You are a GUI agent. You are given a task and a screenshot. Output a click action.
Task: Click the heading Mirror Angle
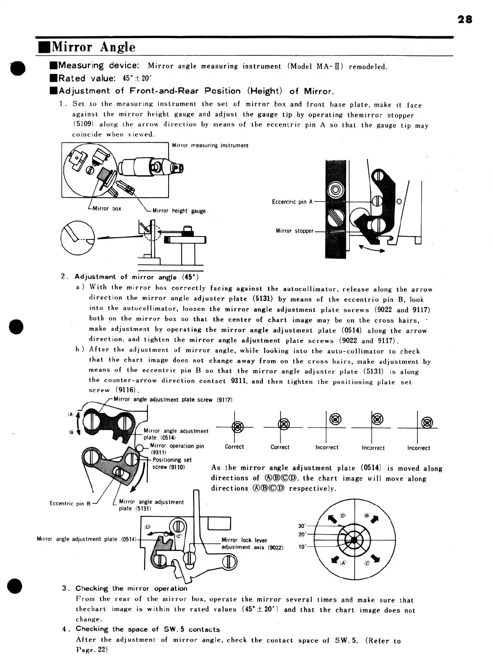[93, 47]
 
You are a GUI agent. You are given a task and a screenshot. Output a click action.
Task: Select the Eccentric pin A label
[292, 202]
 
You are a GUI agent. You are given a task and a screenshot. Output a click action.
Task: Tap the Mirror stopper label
[294, 231]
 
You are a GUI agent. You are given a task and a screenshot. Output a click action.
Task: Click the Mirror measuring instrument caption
[210, 146]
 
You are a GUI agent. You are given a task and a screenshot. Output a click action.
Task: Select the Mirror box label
[106, 209]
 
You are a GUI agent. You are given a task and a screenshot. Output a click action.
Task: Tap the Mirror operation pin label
[177, 446]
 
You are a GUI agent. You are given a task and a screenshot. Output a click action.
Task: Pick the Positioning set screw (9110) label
[172, 463]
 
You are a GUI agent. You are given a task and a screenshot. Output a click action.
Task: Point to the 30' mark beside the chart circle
[302, 526]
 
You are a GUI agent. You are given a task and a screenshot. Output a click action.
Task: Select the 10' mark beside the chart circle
[302, 546]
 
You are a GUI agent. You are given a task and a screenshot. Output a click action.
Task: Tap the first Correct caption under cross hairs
[234, 447]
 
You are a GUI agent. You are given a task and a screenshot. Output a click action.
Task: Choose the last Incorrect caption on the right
[418, 448]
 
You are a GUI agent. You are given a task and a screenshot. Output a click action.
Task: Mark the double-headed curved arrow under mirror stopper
[371, 250]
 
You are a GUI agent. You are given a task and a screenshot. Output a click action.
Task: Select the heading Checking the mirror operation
[131, 588]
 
